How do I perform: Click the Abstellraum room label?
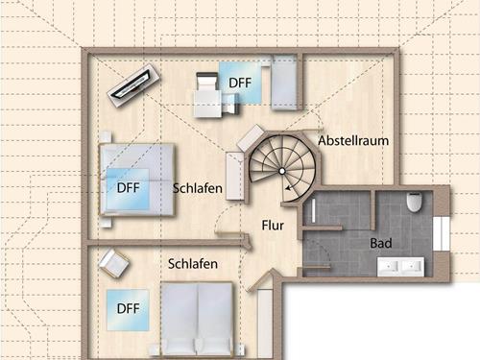click(x=354, y=140)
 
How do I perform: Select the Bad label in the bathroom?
click(x=381, y=244)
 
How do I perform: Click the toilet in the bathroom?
click(x=415, y=204)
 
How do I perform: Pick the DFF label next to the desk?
click(x=239, y=84)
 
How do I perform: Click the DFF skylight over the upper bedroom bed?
click(x=128, y=187)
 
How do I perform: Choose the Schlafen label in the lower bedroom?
click(x=192, y=263)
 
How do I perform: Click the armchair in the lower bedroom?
click(x=114, y=262)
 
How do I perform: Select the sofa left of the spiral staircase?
click(x=236, y=164)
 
